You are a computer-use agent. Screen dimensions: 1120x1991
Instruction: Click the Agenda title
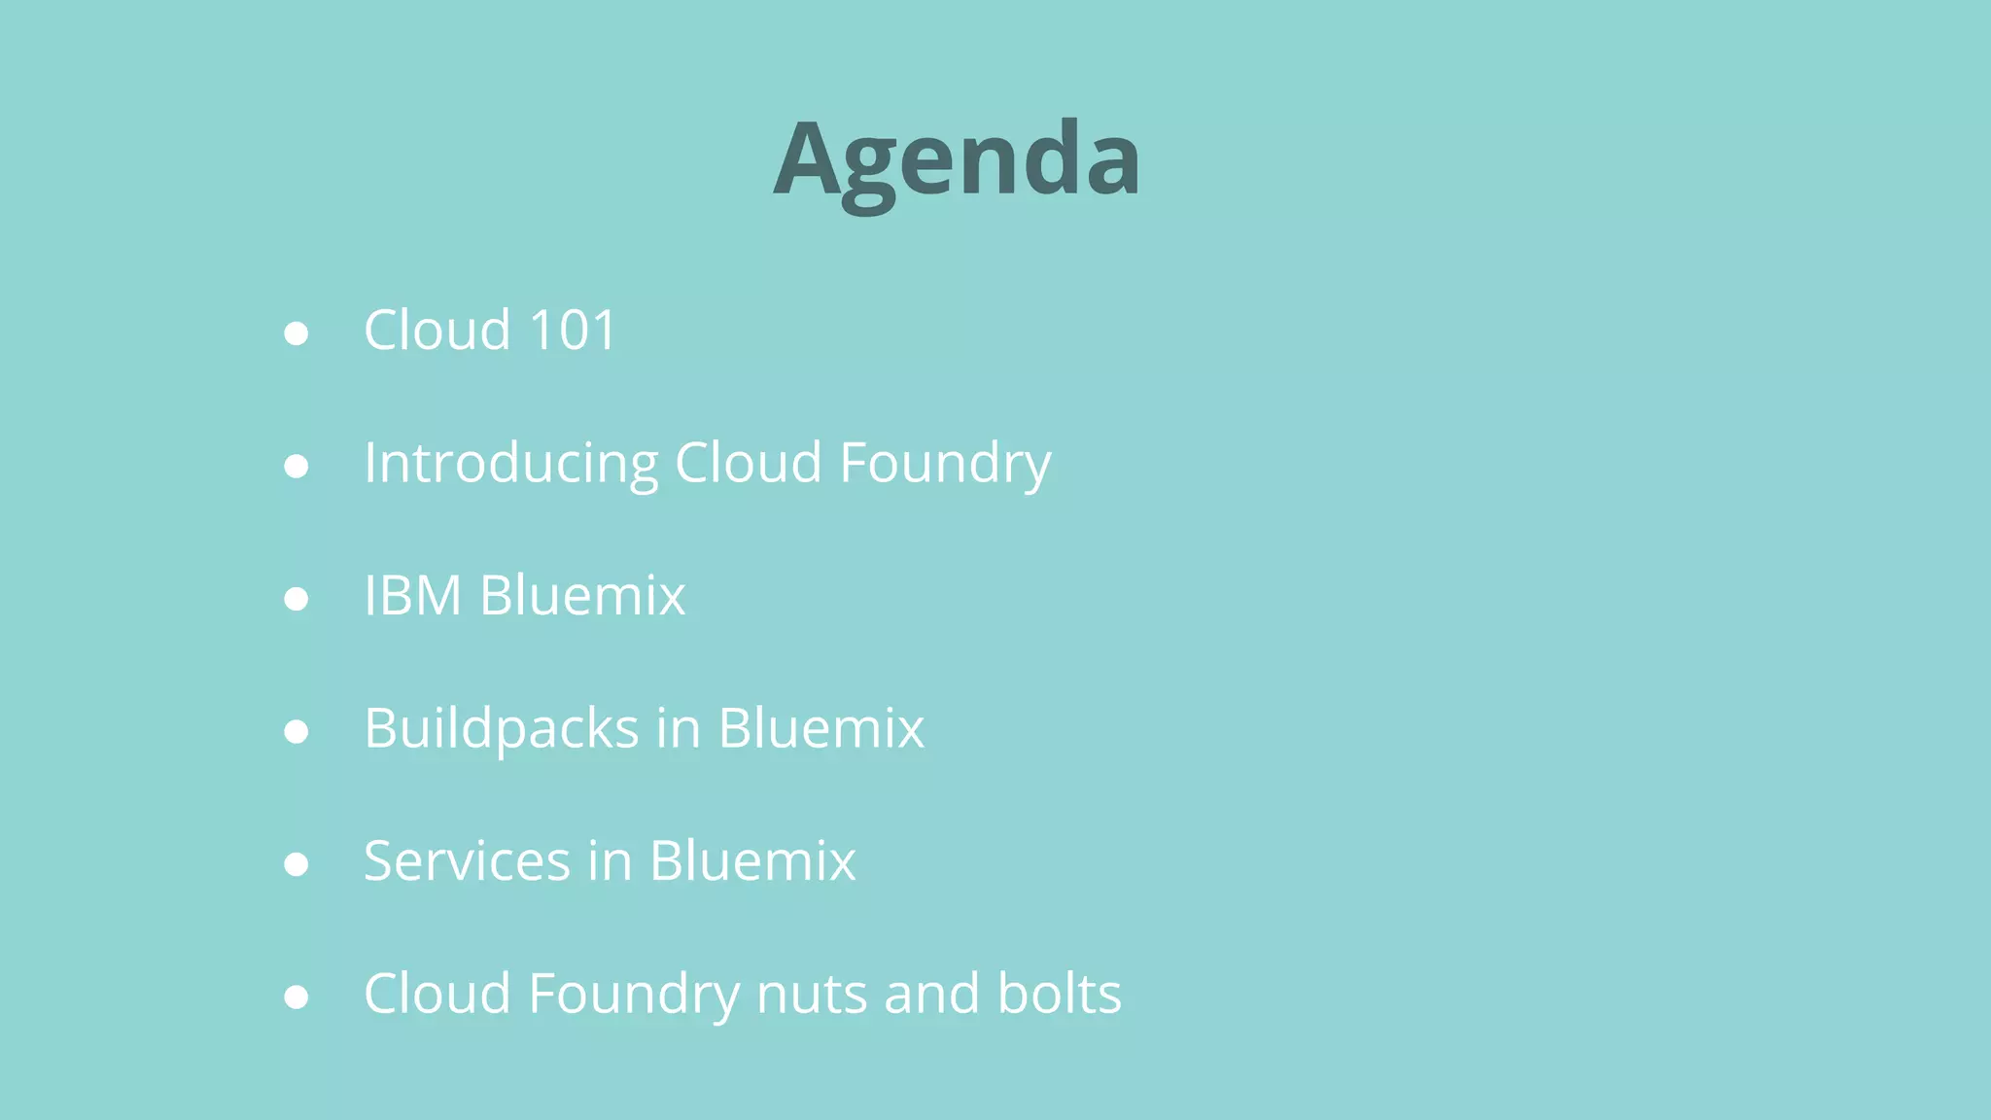click(x=957, y=160)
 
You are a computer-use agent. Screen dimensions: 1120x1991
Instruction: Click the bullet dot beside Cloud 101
click(x=297, y=333)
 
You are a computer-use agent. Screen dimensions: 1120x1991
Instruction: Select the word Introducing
click(x=510, y=463)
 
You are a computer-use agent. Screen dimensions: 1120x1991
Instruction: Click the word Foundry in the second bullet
click(x=945, y=463)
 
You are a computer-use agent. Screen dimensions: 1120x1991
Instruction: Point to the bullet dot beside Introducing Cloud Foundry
click(x=297, y=467)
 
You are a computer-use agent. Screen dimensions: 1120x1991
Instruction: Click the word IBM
click(x=412, y=595)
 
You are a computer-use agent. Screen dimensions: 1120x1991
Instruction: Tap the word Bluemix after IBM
click(x=582, y=595)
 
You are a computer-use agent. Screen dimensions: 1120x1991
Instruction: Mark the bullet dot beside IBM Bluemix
click(x=297, y=599)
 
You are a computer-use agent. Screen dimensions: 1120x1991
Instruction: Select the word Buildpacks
click(x=501, y=728)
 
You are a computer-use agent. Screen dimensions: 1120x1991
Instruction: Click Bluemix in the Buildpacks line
click(x=821, y=728)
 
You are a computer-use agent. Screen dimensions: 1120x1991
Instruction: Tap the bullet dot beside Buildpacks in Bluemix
click(x=297, y=732)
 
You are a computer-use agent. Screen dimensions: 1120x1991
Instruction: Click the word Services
click(x=467, y=861)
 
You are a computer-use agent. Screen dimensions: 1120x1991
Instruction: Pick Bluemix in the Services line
click(x=752, y=861)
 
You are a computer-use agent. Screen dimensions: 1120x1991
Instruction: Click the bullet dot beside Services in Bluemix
click(x=297, y=864)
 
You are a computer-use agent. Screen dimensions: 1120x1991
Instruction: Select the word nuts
click(x=812, y=995)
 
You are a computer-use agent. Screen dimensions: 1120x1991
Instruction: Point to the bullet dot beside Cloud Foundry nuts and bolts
click(x=297, y=997)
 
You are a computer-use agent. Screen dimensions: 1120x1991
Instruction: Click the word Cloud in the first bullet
click(x=437, y=331)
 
